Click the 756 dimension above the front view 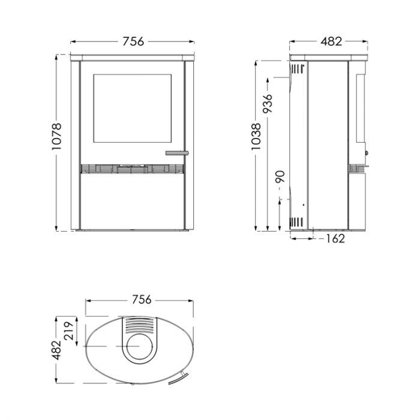coord(133,41)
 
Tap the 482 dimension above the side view coord(331,41)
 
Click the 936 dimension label coord(268,103)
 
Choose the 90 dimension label coord(280,177)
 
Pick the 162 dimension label coord(335,238)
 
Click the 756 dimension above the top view coord(142,299)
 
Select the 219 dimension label coord(68,331)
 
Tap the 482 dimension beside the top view coord(56,350)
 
